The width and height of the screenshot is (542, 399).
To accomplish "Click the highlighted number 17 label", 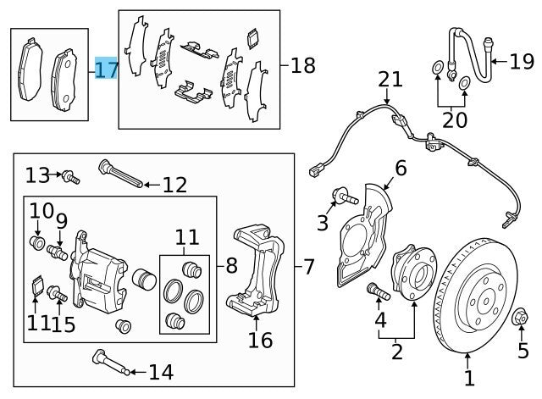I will coord(107,69).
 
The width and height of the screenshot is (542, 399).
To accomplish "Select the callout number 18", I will coord(303,64).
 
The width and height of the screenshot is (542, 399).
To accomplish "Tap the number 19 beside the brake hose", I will coord(523,61).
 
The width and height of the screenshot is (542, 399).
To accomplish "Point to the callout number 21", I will coord(390,80).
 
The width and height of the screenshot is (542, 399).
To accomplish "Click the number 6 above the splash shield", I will coord(401,169).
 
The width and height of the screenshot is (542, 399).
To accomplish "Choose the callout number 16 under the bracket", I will coord(260,340).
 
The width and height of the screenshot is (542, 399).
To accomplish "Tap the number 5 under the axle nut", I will coord(523,348).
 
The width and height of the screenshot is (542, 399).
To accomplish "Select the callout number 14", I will coord(160,371).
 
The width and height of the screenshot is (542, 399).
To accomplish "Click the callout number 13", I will coord(38,175).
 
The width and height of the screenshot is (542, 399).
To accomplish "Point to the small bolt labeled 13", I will coord(71,177).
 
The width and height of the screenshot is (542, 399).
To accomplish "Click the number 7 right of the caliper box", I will coord(308,267).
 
